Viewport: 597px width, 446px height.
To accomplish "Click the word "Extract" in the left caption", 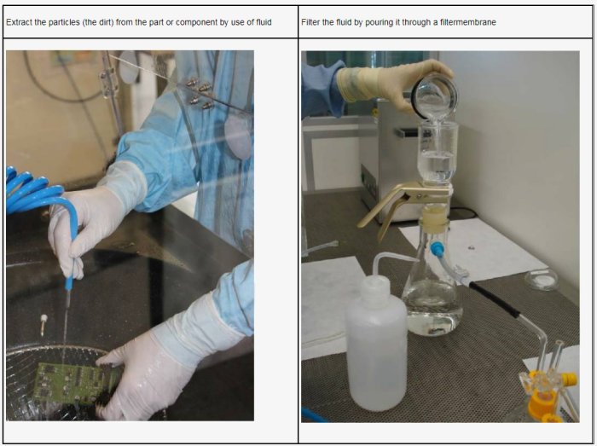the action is tap(19, 22).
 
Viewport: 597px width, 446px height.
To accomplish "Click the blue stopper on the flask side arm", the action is tap(437, 249).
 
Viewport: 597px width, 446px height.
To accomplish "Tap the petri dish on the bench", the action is tap(542, 280).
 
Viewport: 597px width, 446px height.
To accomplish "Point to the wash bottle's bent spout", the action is tap(392, 260).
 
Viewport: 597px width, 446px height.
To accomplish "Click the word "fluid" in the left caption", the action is tap(264, 22).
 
